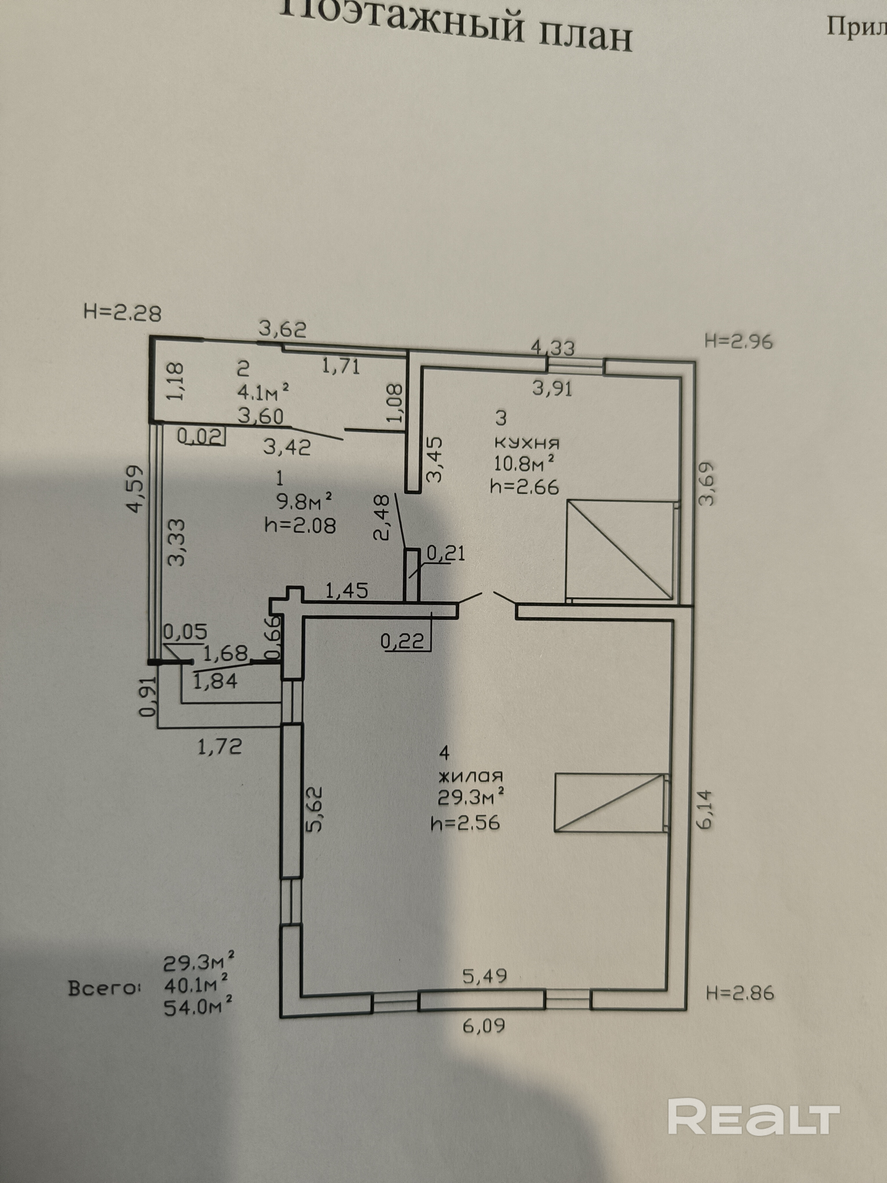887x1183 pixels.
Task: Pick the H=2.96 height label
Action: (738, 341)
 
